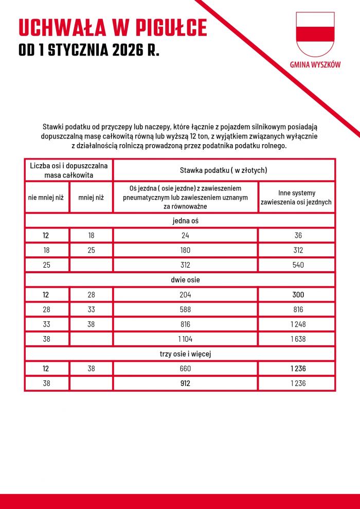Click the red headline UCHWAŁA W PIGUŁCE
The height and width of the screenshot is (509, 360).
[113, 28]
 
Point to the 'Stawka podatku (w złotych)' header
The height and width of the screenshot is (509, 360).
[223, 170]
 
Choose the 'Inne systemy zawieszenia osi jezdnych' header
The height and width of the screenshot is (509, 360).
[296, 197]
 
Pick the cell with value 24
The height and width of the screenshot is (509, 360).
[185, 236]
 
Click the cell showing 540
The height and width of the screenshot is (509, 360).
[296, 265]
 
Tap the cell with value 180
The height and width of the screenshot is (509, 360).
[185, 250]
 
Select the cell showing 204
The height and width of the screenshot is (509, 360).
[185, 295]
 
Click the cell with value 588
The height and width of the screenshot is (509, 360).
[185, 309]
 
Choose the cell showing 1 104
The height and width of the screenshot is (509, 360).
[185, 339]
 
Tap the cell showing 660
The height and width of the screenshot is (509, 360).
[185, 368]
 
